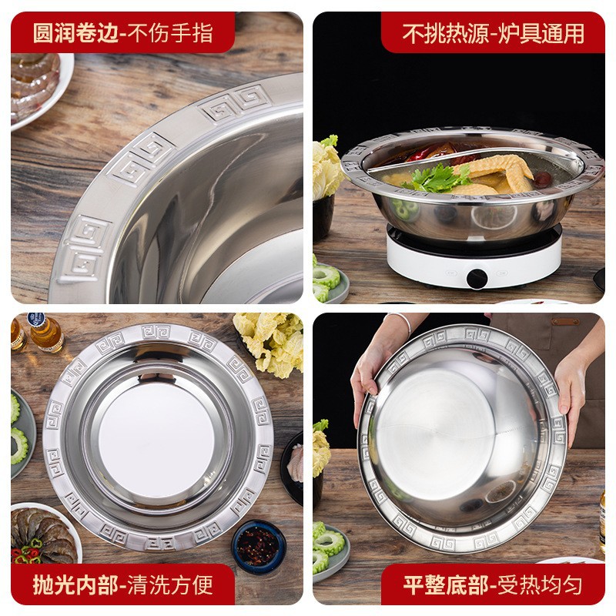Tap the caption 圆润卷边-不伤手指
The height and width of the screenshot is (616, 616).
tap(123, 33)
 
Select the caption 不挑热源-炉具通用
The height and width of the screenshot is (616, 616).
tap(494, 33)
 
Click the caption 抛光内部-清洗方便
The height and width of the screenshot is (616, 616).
tap(123, 585)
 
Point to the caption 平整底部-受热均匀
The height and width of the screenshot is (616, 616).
tap(494, 585)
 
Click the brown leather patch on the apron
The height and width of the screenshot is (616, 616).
tap(565, 321)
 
